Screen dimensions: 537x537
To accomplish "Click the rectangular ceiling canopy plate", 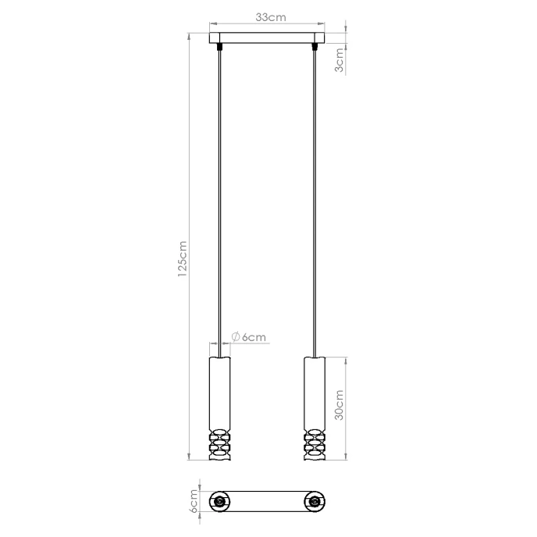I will pos(268,38).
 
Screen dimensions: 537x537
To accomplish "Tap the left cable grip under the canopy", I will pos(222,48).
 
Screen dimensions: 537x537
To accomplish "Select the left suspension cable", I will pos(222,195).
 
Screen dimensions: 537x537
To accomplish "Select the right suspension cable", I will pos(315,195).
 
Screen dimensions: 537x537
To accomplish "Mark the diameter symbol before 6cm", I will pos(236,337).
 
